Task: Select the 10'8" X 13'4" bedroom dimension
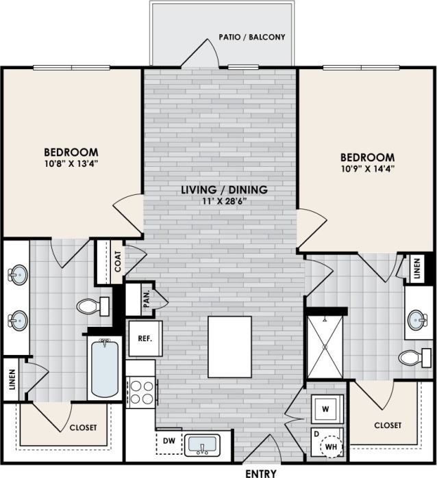(x=71, y=164)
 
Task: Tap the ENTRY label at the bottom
(x=260, y=473)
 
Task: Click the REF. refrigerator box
(x=145, y=337)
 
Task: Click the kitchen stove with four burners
(x=141, y=393)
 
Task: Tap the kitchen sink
(x=202, y=444)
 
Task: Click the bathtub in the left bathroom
(x=105, y=369)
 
